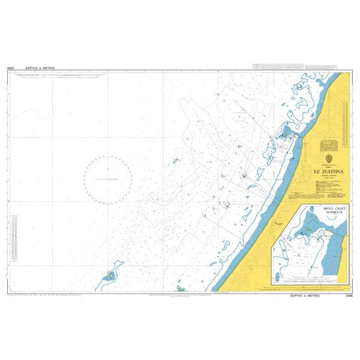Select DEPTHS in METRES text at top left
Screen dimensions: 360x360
tap(40, 68)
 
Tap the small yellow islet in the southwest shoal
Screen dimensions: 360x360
tap(111, 275)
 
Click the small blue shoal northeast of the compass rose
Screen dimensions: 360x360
tap(176, 161)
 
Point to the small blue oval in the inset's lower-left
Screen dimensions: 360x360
tap(278, 278)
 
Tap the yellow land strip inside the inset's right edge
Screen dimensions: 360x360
tap(345, 252)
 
